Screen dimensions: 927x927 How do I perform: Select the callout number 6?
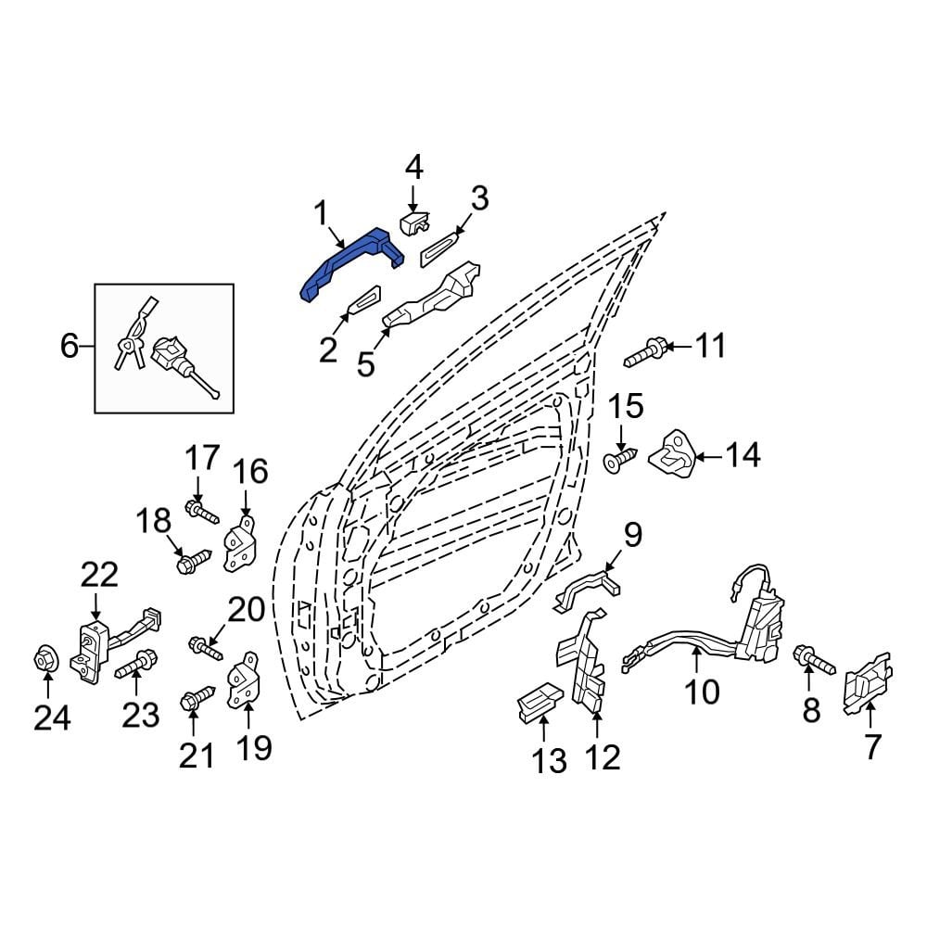[70, 347]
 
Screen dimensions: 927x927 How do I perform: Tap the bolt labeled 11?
[643, 353]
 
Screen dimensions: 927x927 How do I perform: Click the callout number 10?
[702, 691]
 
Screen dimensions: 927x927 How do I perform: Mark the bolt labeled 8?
[814, 661]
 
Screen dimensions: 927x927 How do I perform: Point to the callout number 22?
[99, 576]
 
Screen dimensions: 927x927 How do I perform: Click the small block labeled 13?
[538, 703]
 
